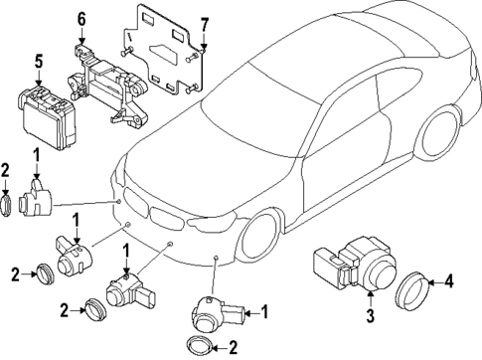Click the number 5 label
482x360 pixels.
pos(39,60)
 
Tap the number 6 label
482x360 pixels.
pos(81,19)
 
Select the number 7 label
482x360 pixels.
pos(204,23)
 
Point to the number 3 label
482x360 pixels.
pos(369,316)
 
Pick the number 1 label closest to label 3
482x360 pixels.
pos(264,313)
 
